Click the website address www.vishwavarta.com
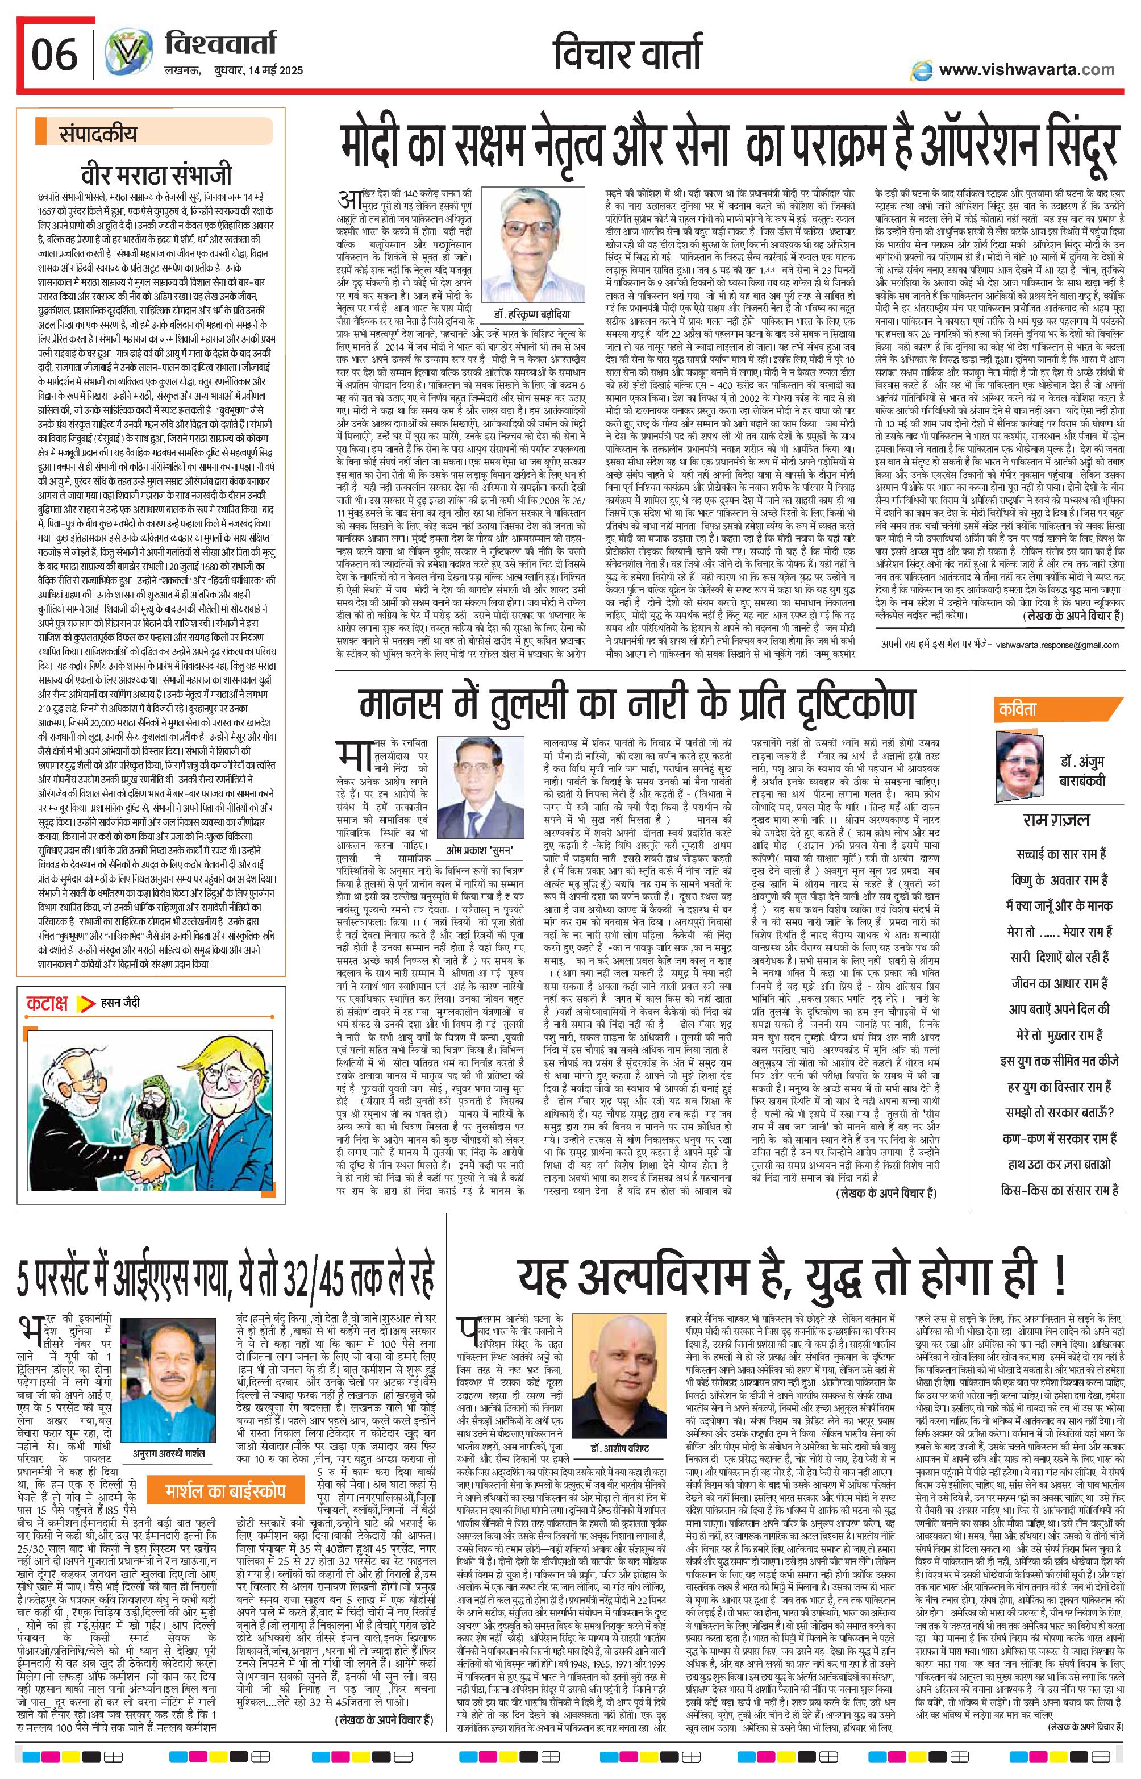[x=1026, y=70]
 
